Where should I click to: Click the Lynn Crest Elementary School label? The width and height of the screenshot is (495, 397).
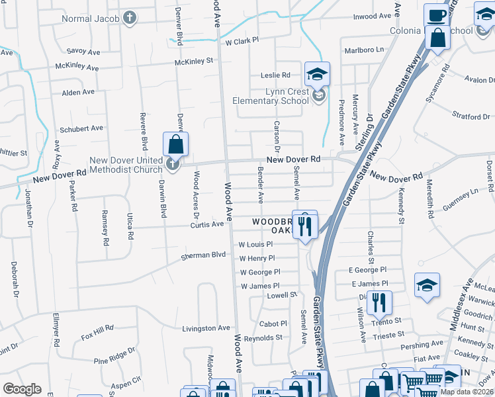[270, 96]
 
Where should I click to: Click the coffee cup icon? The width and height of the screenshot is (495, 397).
[435, 15]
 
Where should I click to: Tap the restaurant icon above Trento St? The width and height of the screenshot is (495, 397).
[379, 303]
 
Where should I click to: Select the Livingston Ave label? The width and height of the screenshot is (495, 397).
[206, 328]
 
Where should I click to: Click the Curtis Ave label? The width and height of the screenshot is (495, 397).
[207, 224]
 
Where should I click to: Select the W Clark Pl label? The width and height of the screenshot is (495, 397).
[242, 41]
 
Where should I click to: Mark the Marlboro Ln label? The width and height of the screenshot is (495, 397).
[364, 50]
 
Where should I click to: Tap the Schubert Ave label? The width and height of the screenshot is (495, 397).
[82, 128]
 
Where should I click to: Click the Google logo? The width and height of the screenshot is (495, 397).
[22, 390]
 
